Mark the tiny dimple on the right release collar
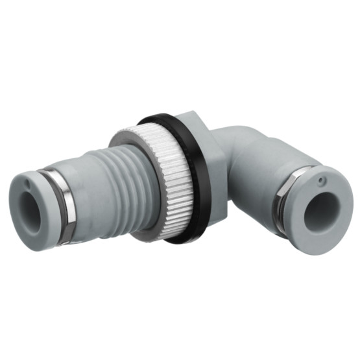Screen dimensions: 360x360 322,178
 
